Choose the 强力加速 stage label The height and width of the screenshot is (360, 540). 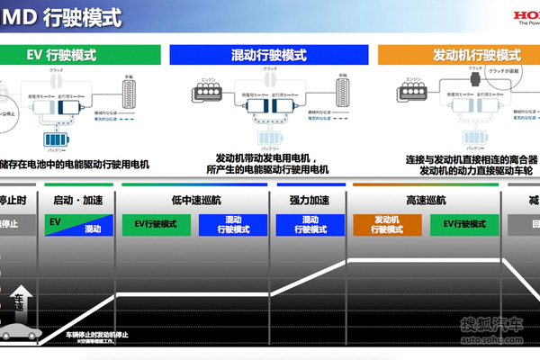tap(309, 200)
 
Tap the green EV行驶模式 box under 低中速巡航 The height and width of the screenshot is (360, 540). tap(156, 225)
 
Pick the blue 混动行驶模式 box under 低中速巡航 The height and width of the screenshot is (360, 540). tap(232, 225)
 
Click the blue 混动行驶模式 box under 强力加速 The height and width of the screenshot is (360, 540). tap(310, 225)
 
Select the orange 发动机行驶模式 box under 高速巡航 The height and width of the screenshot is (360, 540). tap(386, 225)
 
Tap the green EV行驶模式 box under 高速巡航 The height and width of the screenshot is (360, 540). tap(464, 225)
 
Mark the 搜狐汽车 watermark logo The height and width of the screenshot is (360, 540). tap(491, 328)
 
